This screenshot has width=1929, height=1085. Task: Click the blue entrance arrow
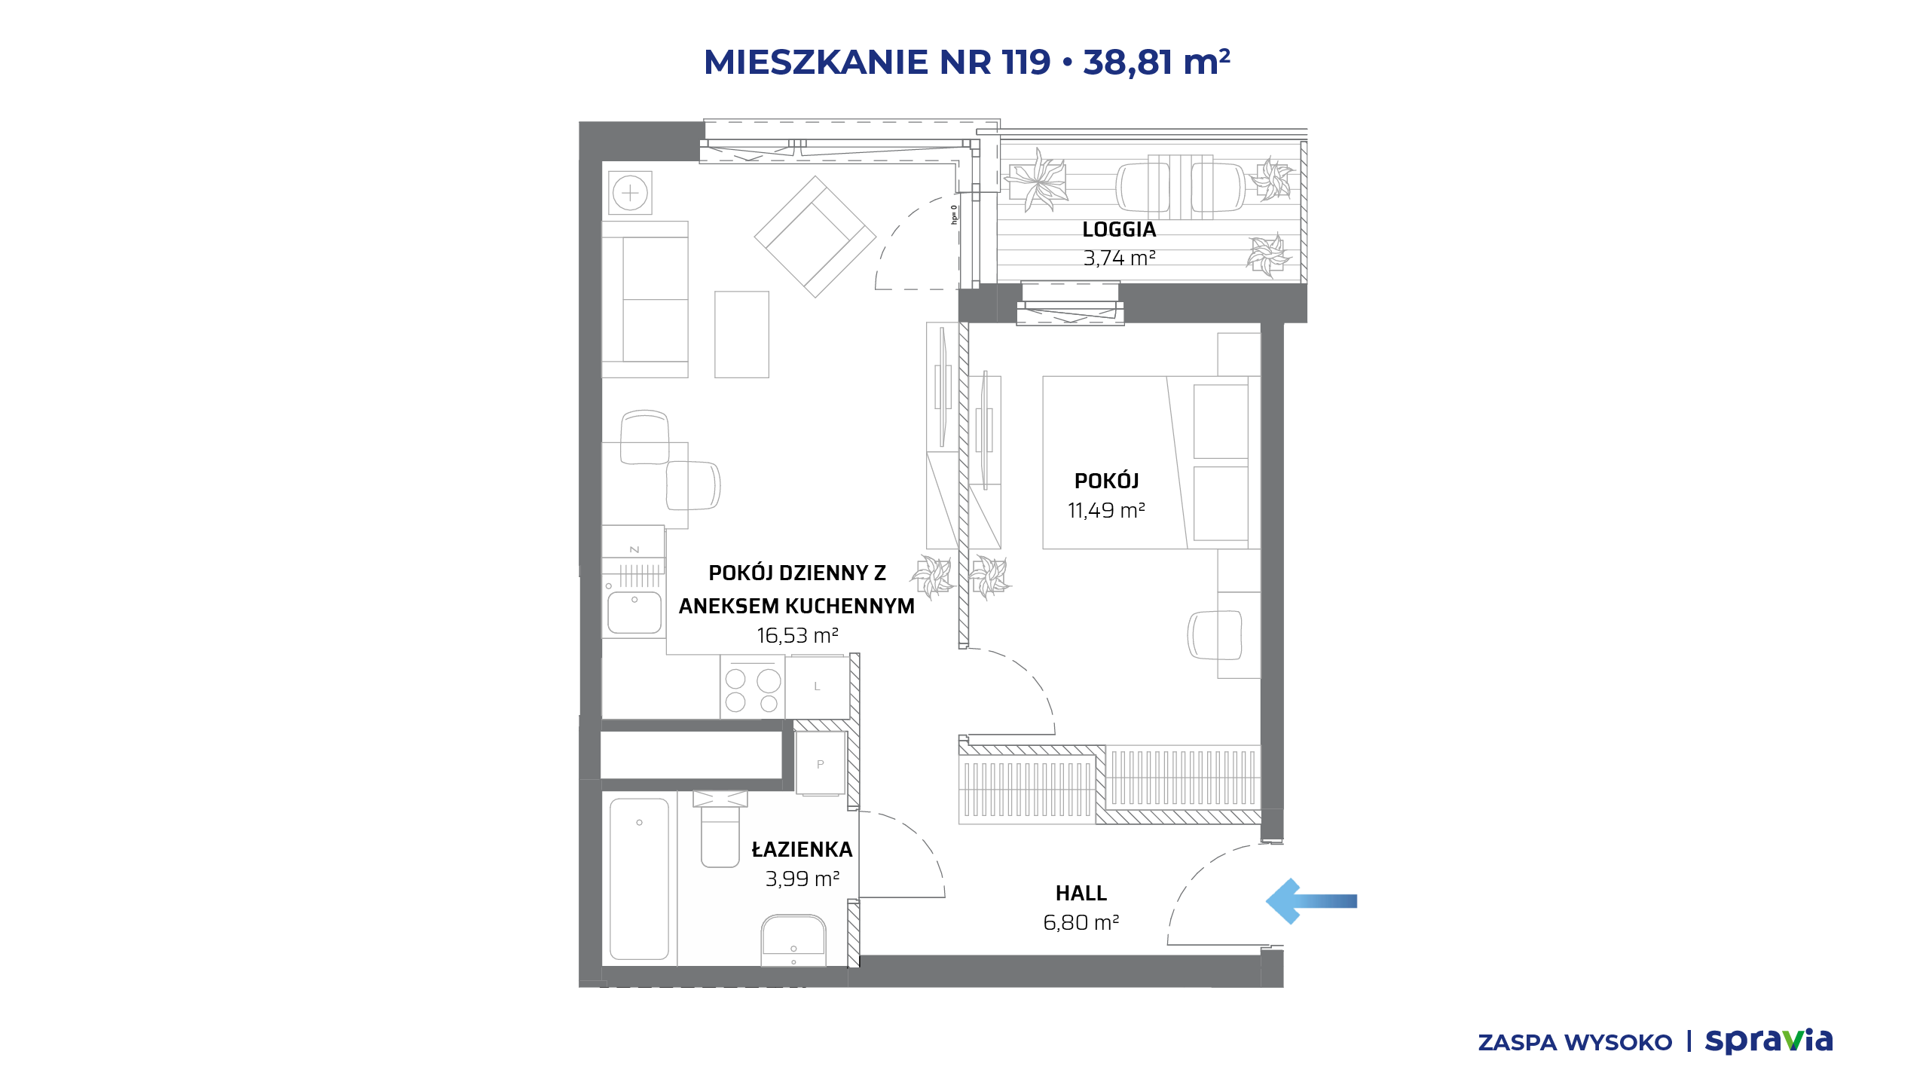click(x=1310, y=901)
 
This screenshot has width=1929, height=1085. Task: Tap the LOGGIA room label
click(x=1119, y=230)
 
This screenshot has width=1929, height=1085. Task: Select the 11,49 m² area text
click(x=1106, y=511)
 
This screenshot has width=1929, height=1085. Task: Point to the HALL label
click(x=1081, y=894)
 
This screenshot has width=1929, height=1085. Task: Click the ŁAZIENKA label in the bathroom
click(x=802, y=849)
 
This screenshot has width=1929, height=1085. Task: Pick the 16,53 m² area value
click(x=797, y=636)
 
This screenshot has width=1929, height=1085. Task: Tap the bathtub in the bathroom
click(x=639, y=879)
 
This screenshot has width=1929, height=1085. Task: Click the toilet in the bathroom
click(x=720, y=829)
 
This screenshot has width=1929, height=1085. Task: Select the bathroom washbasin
click(x=793, y=940)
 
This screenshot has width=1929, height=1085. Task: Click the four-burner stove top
click(x=752, y=686)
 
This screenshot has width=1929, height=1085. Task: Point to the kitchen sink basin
click(x=634, y=613)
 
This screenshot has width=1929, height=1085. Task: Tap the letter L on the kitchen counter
click(x=817, y=686)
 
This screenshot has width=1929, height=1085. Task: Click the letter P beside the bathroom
click(x=821, y=764)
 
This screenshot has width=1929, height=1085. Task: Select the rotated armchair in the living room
click(x=815, y=237)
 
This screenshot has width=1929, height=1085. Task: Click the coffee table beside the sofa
click(x=741, y=335)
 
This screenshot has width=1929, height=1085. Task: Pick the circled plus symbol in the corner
click(x=631, y=194)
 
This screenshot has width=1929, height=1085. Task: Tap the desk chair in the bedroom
click(x=1215, y=634)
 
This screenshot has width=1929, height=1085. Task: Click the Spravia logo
click(x=1769, y=1041)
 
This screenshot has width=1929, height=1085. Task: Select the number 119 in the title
click(x=1026, y=62)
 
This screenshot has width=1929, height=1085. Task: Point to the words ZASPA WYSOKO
click(x=1575, y=1043)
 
